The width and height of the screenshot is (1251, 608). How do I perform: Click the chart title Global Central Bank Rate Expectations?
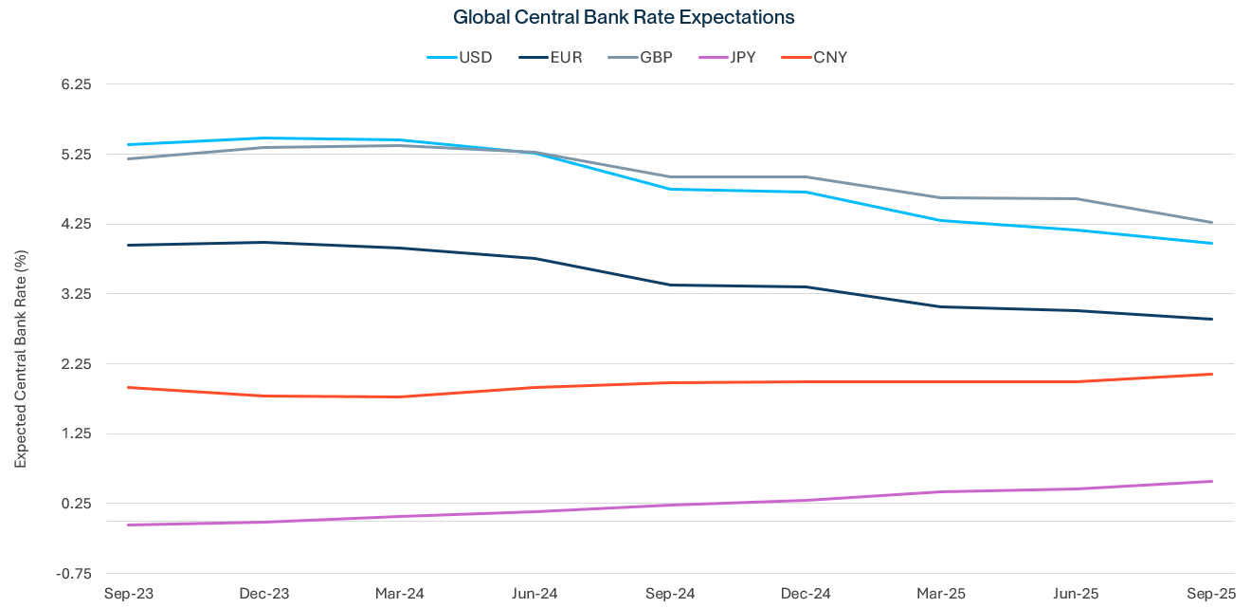(x=624, y=17)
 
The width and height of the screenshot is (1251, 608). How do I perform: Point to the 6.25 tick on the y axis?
(x=75, y=84)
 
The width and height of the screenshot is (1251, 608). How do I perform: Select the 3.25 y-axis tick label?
(x=75, y=294)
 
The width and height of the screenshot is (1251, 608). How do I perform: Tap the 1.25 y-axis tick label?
(x=75, y=433)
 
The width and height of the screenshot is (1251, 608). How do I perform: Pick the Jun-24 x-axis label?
(x=535, y=594)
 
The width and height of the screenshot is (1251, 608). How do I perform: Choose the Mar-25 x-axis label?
(x=942, y=594)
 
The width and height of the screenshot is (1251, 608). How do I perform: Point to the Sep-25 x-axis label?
(x=1213, y=594)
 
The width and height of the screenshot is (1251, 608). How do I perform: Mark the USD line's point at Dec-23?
(x=263, y=138)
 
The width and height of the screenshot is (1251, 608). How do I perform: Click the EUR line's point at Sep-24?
(x=671, y=285)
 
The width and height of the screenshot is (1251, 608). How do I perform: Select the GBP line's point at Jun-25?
(x=1078, y=198)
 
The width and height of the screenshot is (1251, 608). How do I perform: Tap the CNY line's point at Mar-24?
(x=399, y=396)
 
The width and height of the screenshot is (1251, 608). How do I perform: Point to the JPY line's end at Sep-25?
(x=1213, y=481)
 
